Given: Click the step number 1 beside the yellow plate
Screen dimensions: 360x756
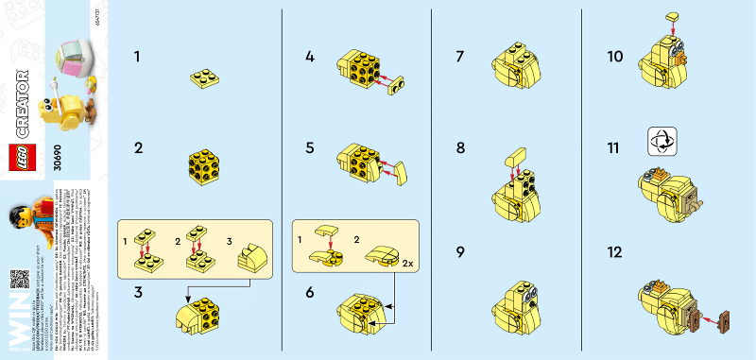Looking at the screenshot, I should [138, 58].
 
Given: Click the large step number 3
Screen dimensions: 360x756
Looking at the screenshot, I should [138, 294].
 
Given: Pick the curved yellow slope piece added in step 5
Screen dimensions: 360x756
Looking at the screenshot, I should [401, 172].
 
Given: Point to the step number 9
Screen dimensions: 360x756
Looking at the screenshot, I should [460, 253].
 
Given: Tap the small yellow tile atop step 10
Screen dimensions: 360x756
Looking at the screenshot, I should [672, 17].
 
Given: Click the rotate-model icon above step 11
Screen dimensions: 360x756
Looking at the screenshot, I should [661, 142].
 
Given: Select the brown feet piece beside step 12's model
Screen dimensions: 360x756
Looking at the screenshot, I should [723, 322].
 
